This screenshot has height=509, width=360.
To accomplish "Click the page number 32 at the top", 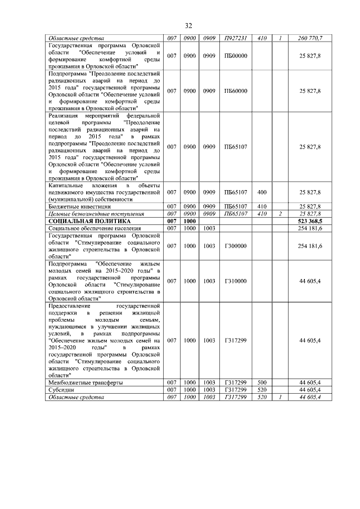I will (188, 26).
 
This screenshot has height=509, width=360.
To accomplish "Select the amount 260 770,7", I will (310, 38).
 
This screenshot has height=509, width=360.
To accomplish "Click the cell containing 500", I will (262, 382).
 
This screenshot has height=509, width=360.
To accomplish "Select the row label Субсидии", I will (61, 390).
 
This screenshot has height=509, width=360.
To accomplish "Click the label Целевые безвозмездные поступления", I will (88, 214).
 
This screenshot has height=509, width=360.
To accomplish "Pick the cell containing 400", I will (262, 192).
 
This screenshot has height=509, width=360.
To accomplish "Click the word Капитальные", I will (66, 186).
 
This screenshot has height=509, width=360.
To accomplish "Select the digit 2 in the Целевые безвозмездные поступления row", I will (280, 214).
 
